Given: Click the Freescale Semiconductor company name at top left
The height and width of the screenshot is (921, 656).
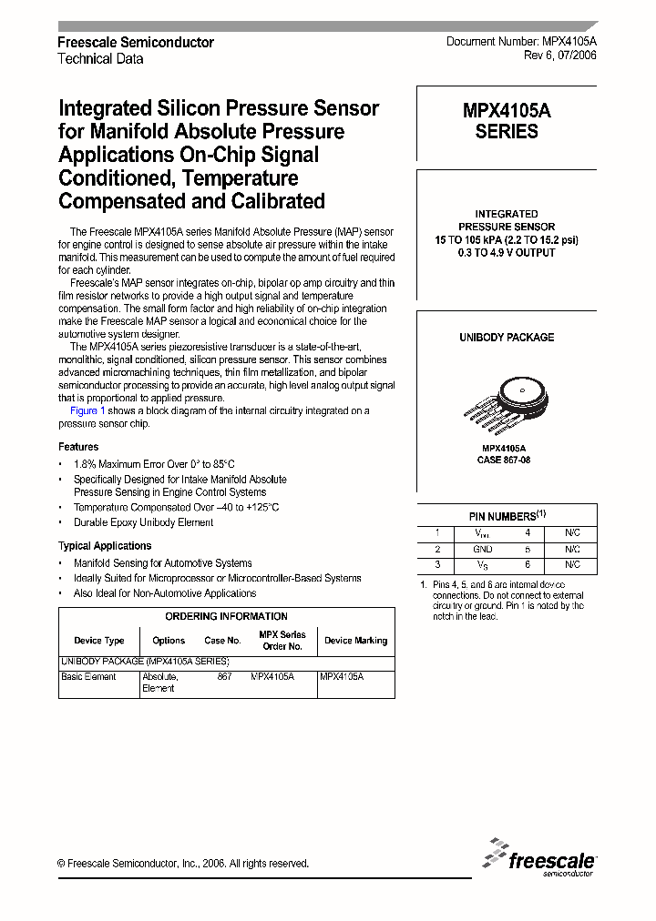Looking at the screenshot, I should [136, 43].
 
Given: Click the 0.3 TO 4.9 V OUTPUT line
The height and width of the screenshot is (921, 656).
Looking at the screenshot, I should [507, 253].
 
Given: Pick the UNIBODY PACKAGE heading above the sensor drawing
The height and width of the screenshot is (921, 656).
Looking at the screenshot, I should [507, 338].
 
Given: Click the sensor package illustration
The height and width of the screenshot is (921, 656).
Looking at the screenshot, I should [506, 397].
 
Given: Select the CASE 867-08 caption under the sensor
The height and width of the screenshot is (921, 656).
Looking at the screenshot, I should [504, 460].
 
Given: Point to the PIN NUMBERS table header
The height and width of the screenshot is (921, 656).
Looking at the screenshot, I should [507, 516].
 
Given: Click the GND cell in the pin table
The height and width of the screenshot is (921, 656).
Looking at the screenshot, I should [483, 550].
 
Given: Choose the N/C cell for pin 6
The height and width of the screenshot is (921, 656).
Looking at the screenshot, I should [572, 566].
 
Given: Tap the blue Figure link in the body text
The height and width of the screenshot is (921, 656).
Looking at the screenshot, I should [84, 411].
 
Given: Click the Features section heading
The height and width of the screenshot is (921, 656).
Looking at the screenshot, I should [78, 447].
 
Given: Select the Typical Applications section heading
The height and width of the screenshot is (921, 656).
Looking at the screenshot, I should [105, 546].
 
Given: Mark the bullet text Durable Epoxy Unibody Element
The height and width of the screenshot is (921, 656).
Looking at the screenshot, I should [143, 522].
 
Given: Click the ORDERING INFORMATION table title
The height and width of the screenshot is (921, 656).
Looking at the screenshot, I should [226, 617].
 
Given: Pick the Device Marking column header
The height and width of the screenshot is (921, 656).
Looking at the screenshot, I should [355, 641].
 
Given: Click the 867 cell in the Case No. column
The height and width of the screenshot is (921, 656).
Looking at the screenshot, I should [224, 677].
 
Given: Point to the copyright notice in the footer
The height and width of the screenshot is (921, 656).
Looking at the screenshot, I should [183, 864].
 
